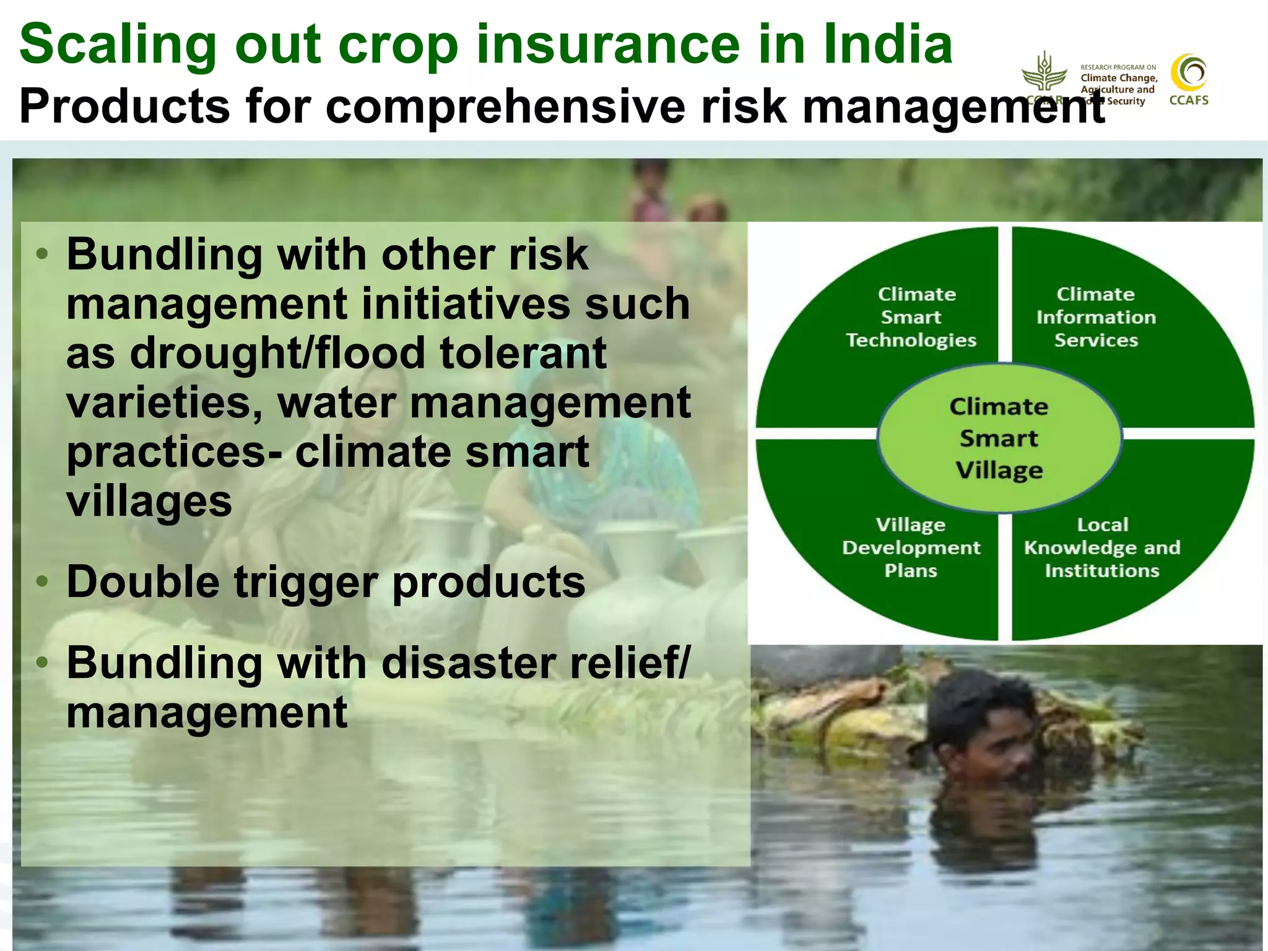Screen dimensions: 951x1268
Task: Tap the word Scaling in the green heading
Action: (118, 45)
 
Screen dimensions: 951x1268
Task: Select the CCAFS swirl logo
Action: (1189, 74)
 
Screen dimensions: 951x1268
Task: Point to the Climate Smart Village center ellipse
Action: (999, 438)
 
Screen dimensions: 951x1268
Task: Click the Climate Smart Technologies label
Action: (911, 317)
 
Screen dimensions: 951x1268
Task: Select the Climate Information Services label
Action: (1096, 317)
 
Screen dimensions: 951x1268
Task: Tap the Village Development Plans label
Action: (911, 547)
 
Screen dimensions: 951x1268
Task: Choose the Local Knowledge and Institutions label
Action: (1102, 547)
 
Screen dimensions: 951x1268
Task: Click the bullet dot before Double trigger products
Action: (42, 581)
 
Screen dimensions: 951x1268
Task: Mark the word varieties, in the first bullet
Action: (165, 402)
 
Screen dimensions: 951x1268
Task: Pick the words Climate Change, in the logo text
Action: (1119, 78)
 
